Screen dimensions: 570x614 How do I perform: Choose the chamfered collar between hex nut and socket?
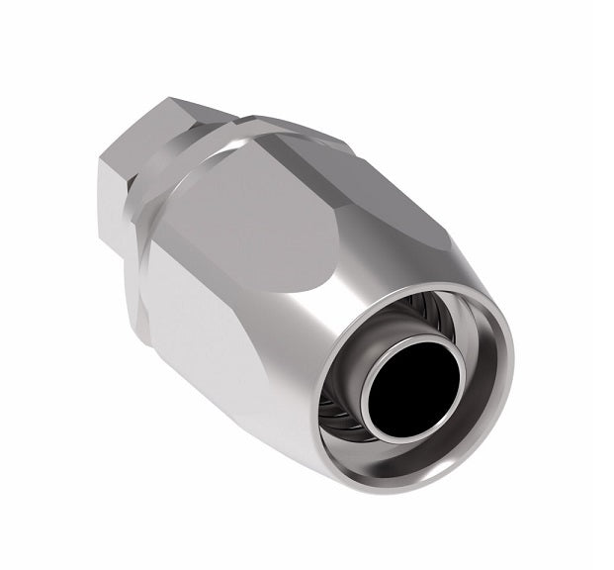pos(198,148)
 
